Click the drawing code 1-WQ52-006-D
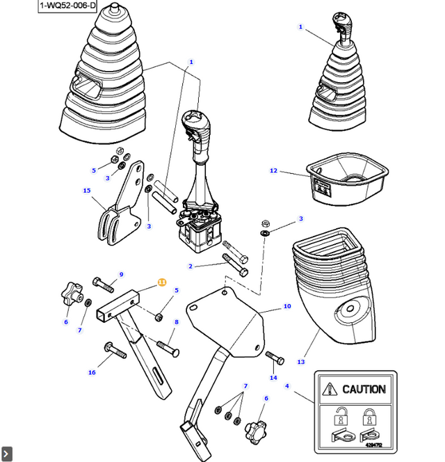[67, 6]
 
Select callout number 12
[273, 170]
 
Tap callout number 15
[87, 191]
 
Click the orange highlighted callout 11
[161, 282]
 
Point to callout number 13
[301, 362]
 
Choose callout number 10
[286, 306]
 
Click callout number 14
[273, 378]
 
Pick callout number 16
[92, 373]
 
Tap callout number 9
[121, 274]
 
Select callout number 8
[177, 322]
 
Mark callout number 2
[191, 266]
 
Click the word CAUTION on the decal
[362, 390]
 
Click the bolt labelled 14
[275, 358]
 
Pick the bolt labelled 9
[103, 284]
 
